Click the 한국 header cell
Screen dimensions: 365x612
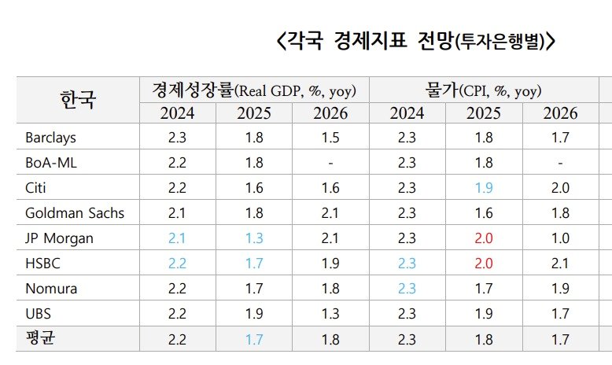pyautogui.click(x=78, y=100)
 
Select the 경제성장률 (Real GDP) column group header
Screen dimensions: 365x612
pyautogui.click(x=254, y=90)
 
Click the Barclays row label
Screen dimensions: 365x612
pyautogui.click(x=50, y=138)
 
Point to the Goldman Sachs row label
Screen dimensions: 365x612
pyautogui.click(x=75, y=213)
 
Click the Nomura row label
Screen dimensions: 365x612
pyautogui.click(x=51, y=289)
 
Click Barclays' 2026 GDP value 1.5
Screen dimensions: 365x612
pyautogui.click(x=330, y=138)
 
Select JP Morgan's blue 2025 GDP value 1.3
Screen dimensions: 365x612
pyautogui.click(x=254, y=238)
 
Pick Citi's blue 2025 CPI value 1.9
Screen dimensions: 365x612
pyautogui.click(x=484, y=188)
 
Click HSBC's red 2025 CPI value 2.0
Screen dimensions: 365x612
pyautogui.click(x=484, y=264)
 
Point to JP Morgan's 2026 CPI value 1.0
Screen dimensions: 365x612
pyautogui.click(x=560, y=238)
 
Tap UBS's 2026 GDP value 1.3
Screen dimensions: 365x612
pyautogui.click(x=330, y=314)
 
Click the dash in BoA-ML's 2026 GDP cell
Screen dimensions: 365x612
pyautogui.click(x=330, y=163)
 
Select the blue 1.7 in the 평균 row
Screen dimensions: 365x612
pyautogui.click(x=254, y=339)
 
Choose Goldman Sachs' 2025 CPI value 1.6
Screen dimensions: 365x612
pyautogui.click(x=484, y=213)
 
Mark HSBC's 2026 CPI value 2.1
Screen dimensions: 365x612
pyautogui.click(x=560, y=264)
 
